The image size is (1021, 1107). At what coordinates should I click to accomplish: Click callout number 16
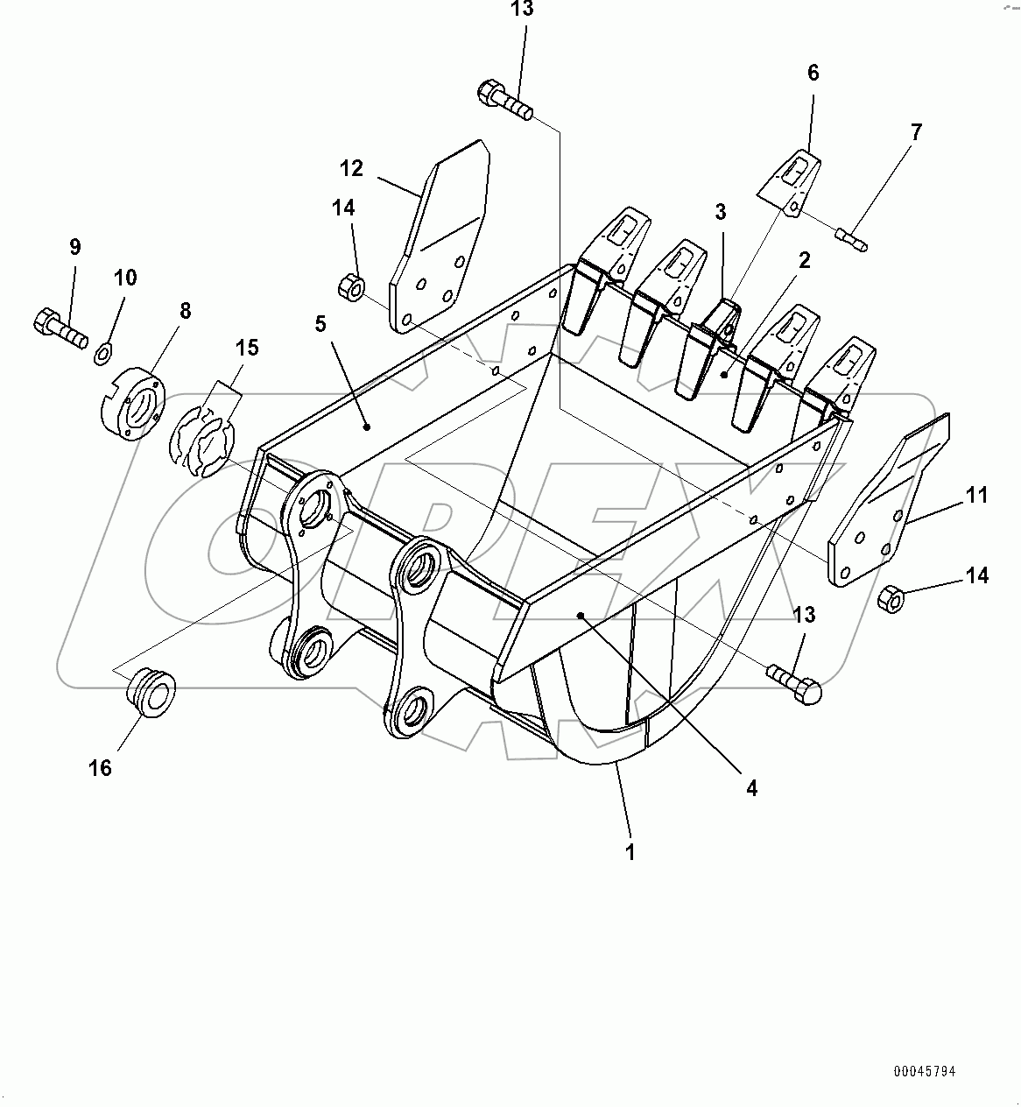coord(101,768)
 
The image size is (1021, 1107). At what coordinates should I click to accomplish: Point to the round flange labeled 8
coord(132,403)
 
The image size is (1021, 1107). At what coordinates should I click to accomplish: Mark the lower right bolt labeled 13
coord(795,683)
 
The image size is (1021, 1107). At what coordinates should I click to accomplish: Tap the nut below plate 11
coord(890,599)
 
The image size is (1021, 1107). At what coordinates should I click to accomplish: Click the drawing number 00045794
coord(925,1071)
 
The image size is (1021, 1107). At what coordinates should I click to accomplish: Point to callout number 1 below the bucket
coord(630,850)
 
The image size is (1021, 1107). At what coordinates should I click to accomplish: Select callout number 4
coord(750,788)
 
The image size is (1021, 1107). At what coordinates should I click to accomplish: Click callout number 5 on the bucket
coord(320,324)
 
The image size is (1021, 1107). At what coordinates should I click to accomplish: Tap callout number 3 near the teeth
coord(721,212)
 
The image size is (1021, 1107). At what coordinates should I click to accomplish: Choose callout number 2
coord(804,260)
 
